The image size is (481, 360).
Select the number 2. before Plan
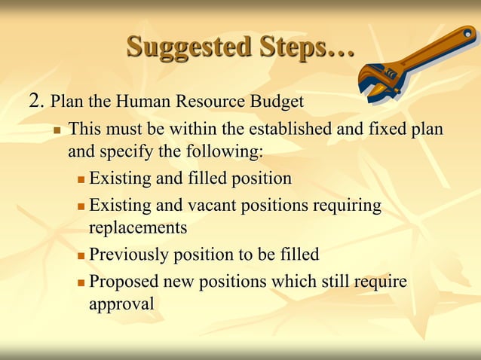37,101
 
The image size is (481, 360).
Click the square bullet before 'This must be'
57,130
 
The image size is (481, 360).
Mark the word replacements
138,227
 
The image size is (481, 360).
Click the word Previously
129,255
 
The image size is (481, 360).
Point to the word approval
121,304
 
